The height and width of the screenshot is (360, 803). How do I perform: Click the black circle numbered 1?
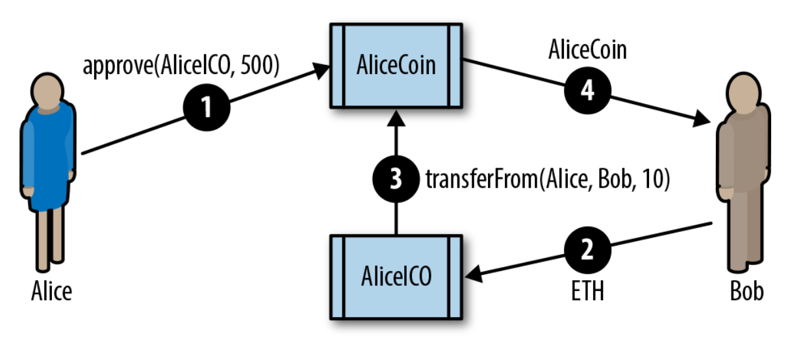[x=207, y=107]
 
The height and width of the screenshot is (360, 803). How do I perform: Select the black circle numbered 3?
[x=396, y=179]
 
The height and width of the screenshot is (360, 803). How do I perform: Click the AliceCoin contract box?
[x=396, y=65]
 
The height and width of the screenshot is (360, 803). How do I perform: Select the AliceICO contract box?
[x=396, y=277]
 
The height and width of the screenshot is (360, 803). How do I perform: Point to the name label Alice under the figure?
[x=51, y=292]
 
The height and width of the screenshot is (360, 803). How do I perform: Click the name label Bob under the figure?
[x=746, y=291]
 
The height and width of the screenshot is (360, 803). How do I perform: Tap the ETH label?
[x=587, y=291]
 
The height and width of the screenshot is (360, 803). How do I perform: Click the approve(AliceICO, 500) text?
[x=181, y=67]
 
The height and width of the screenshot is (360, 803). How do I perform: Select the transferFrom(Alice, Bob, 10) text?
[x=547, y=179]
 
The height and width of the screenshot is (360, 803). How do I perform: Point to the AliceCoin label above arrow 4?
[x=587, y=50]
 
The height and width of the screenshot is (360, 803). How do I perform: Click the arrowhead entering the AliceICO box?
[x=473, y=276]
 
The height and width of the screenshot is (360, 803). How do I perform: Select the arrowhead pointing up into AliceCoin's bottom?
[x=396, y=117]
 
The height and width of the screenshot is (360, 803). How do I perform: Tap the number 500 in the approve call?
[x=260, y=67]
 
